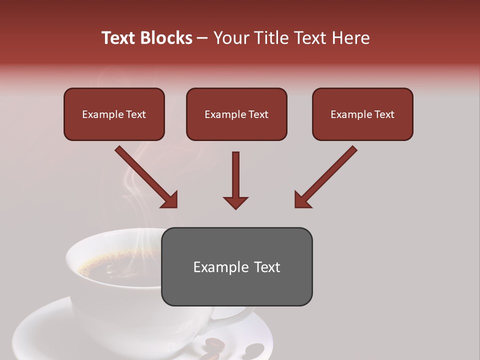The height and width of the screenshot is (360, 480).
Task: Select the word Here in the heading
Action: pos(350,38)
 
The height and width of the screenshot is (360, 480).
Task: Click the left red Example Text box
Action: pos(114,114)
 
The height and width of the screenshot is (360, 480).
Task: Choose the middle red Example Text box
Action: pos(236,114)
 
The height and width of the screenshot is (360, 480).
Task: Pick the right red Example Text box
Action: pos(362,114)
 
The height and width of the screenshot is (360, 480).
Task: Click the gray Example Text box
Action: pos(236,266)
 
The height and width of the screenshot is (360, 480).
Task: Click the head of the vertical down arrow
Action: pos(235,202)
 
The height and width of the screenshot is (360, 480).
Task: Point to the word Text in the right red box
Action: pos(384,114)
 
